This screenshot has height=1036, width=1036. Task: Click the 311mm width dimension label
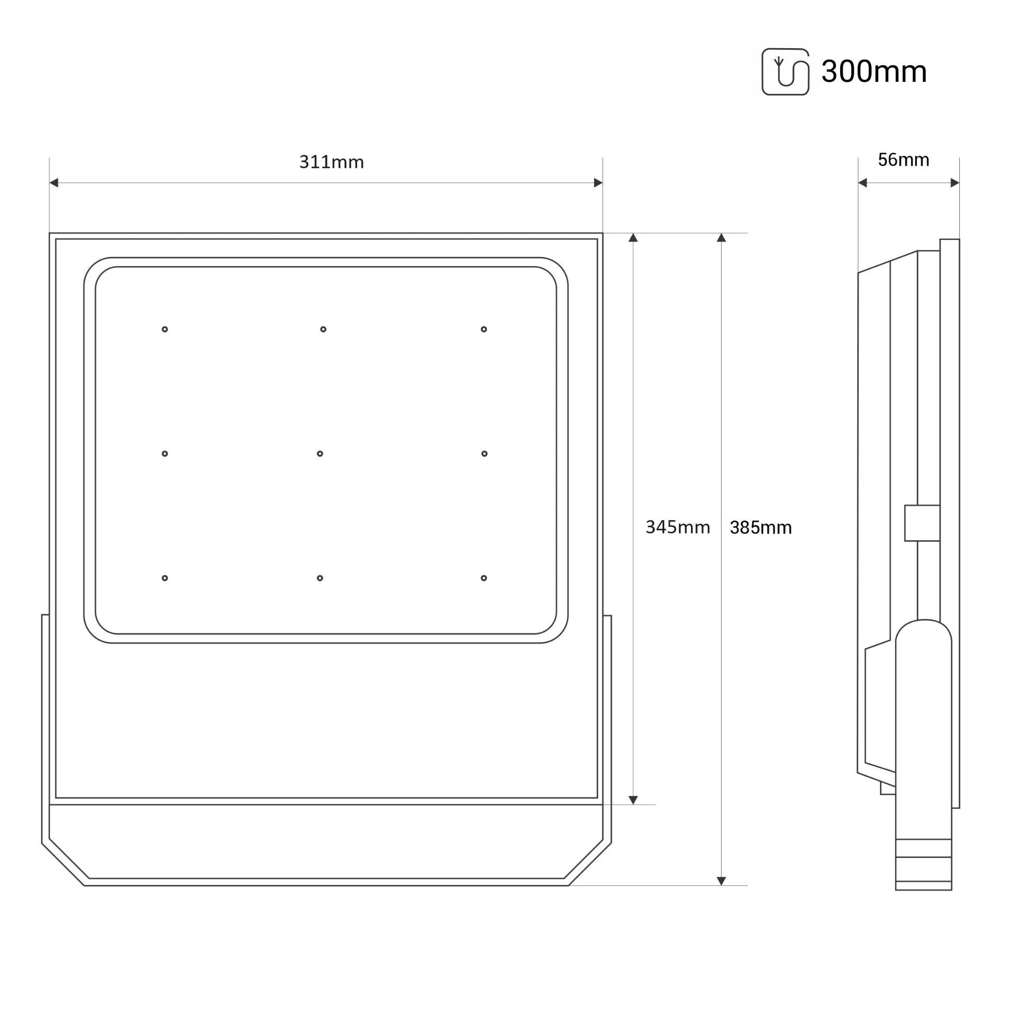pos(332,162)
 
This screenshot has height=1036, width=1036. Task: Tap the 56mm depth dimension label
pos(903,160)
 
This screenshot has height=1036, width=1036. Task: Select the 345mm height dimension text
pos(677,527)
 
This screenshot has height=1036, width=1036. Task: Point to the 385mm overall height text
pos(760,528)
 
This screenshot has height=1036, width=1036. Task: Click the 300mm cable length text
pos(873,71)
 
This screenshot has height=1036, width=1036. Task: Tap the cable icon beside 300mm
pos(785,72)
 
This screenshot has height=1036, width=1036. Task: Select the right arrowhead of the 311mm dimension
pos(598,183)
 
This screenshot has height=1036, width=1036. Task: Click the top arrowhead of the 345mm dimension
pos(633,238)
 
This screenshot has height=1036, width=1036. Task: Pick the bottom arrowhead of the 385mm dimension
pos(721,881)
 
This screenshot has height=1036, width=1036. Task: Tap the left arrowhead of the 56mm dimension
pos(862,183)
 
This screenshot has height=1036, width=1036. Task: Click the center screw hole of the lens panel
pos(320,454)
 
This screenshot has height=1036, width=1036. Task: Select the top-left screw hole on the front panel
pos(165,329)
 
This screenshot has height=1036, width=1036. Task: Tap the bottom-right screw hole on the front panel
pos(484,578)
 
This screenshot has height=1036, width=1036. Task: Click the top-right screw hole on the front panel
pos(484,329)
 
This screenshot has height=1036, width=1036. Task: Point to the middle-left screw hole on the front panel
pos(165,454)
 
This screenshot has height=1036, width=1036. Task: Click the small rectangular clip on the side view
pos(922,523)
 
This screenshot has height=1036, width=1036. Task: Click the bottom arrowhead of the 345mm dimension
pos(633,800)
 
